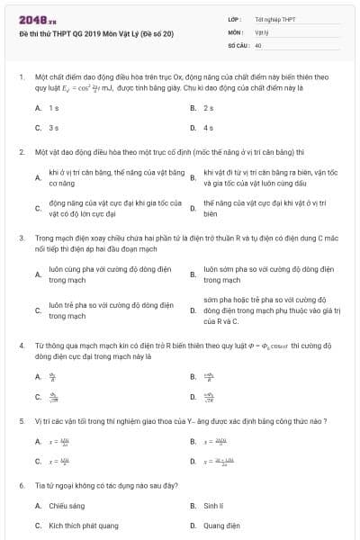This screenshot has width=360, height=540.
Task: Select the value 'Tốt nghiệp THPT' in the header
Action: [x=275, y=18]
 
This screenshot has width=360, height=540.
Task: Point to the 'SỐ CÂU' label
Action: [x=238, y=44]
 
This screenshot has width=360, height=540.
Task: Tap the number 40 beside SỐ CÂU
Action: [x=258, y=44]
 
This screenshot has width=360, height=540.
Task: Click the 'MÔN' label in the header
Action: [x=236, y=31]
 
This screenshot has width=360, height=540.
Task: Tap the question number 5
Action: [x=21, y=421]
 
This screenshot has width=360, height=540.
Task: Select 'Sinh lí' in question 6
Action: [x=213, y=506]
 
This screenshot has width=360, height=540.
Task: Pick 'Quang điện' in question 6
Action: [x=220, y=524]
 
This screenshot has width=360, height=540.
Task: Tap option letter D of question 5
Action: [x=193, y=461]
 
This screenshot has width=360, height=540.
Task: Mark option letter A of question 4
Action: [x=38, y=376]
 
